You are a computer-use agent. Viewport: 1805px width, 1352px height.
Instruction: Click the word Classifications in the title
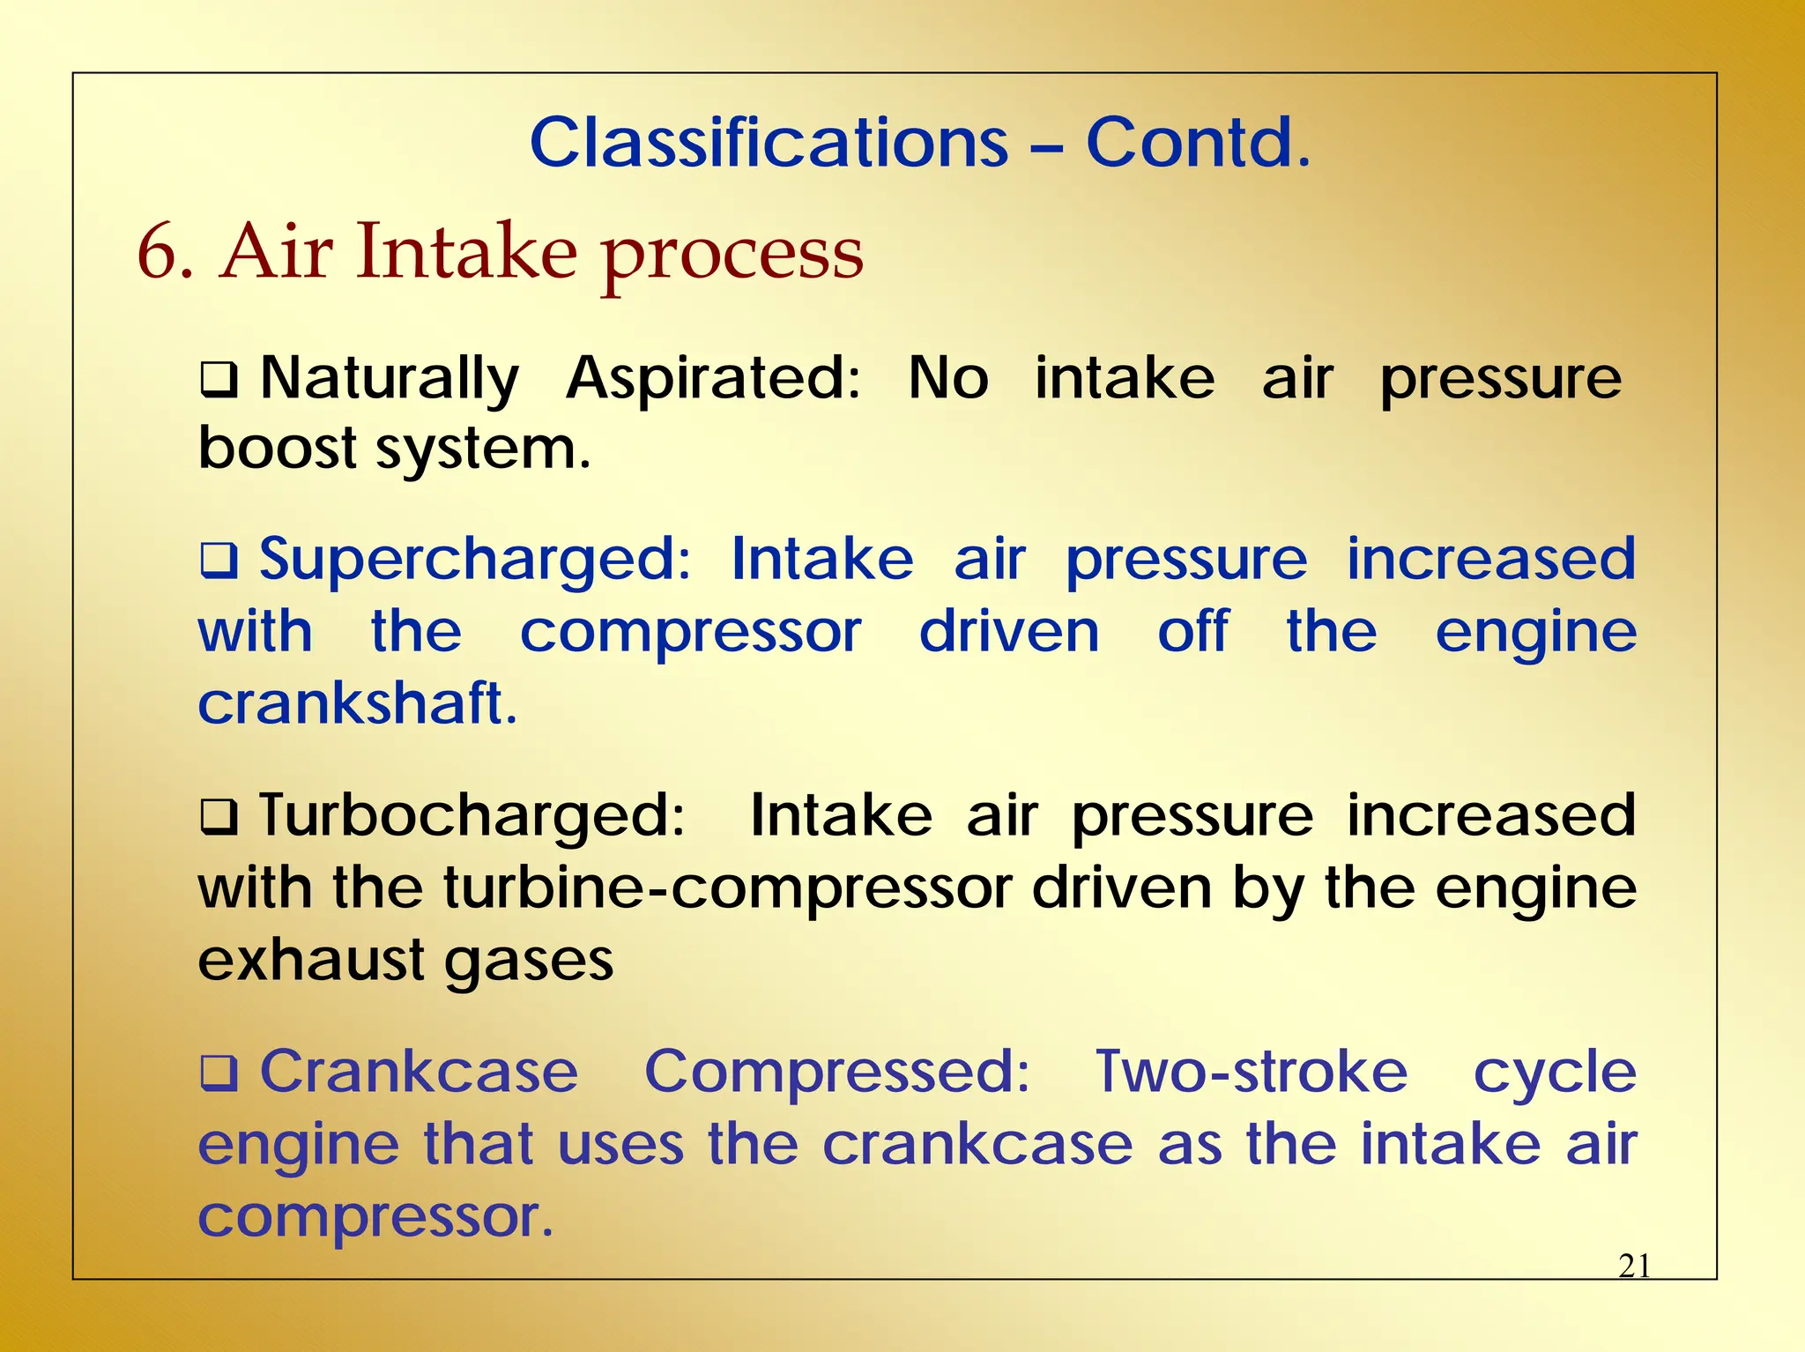point(769,143)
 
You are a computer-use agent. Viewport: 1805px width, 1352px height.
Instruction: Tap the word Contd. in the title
point(1198,143)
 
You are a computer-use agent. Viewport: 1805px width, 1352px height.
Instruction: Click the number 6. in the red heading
point(165,253)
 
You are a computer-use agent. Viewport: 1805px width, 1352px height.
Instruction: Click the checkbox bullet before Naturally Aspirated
point(219,381)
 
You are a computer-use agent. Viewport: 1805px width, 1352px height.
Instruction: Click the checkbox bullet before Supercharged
point(219,561)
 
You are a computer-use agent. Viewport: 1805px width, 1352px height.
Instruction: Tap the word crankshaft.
point(357,704)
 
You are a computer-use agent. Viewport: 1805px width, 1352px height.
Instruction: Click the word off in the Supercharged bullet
point(1192,632)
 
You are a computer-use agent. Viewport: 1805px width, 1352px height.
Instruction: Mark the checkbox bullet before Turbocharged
point(219,817)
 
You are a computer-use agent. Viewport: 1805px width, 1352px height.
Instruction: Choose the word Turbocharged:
point(472,815)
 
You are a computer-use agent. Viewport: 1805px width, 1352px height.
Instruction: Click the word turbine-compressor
point(727,888)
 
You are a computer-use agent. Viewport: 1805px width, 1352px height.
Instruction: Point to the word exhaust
point(311,960)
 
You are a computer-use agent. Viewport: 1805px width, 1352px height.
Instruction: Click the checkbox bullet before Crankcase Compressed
point(219,1073)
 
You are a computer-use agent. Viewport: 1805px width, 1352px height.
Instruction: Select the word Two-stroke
point(1252,1072)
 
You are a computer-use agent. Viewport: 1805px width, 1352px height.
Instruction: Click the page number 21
point(1634,1267)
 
